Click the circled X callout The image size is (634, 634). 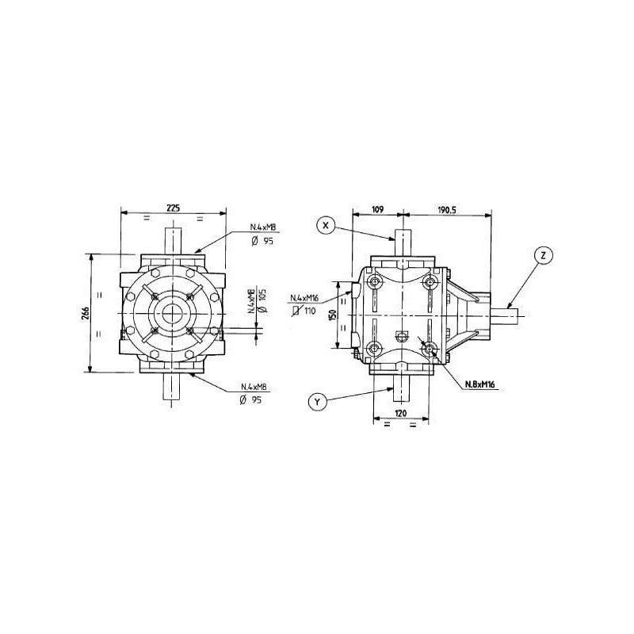[x=327, y=226]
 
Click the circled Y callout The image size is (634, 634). [x=318, y=403]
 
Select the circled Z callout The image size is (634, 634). [x=543, y=255]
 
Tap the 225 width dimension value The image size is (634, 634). [x=174, y=208]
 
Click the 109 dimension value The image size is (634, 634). [x=377, y=209]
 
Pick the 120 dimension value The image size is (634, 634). [x=400, y=413]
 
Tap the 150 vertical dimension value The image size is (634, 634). [x=332, y=315]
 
